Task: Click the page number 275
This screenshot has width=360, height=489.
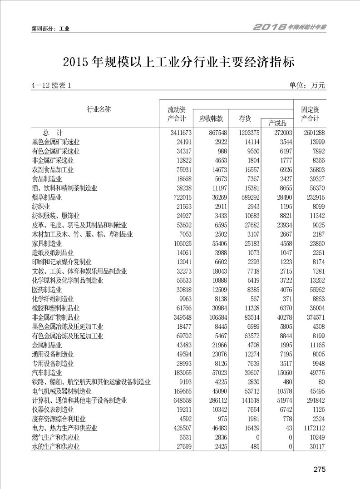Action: (319, 469)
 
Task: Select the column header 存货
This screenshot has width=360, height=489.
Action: (245, 119)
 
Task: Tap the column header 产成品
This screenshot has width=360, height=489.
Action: (277, 123)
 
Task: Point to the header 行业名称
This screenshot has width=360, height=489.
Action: (99, 109)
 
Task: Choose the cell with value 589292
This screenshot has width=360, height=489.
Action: (248, 198)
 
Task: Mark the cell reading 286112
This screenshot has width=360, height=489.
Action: (213, 400)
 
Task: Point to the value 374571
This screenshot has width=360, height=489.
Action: (314, 317)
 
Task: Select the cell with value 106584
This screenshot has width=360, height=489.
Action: (213, 317)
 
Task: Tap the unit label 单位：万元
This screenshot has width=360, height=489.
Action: (307, 85)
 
